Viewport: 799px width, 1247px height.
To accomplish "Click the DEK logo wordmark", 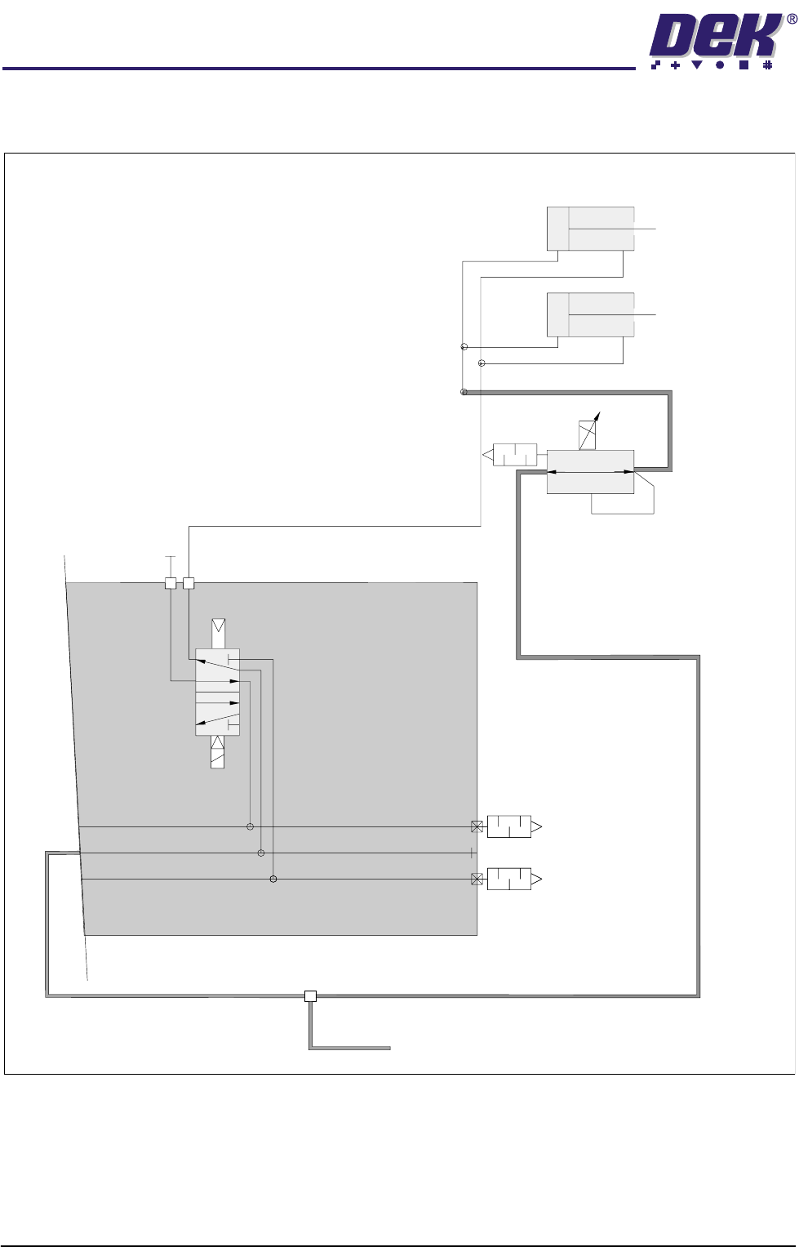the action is click(713, 38).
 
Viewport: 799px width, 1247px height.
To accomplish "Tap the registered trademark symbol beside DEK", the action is click(790, 20).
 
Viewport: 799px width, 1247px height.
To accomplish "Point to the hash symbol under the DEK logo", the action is click(767, 65).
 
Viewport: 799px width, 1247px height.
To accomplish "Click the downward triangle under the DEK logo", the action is click(699, 65).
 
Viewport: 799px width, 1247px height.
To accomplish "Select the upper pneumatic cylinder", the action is click(590, 229).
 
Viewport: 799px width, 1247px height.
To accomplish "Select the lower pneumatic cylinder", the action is click(590, 314).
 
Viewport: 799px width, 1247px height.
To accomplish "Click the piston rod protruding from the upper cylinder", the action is click(646, 229).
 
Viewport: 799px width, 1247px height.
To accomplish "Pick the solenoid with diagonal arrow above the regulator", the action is click(588, 434).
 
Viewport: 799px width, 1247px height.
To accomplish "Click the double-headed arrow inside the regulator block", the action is click(590, 471).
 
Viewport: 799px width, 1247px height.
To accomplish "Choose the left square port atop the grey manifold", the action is click(171, 583).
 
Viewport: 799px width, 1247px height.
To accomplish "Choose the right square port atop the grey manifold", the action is click(189, 583).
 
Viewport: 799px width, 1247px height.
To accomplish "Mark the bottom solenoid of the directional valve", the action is click(217, 751).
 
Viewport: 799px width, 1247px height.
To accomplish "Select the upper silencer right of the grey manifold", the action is click(512, 827).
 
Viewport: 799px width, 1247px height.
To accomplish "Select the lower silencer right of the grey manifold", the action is click(512, 880).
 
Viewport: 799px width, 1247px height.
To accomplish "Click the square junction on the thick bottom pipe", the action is click(310, 995).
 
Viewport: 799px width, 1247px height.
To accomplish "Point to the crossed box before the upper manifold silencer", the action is click(477, 827).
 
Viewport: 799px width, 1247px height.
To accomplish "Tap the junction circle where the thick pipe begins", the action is click(464, 392).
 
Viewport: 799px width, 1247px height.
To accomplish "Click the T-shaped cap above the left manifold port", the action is click(170, 558).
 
